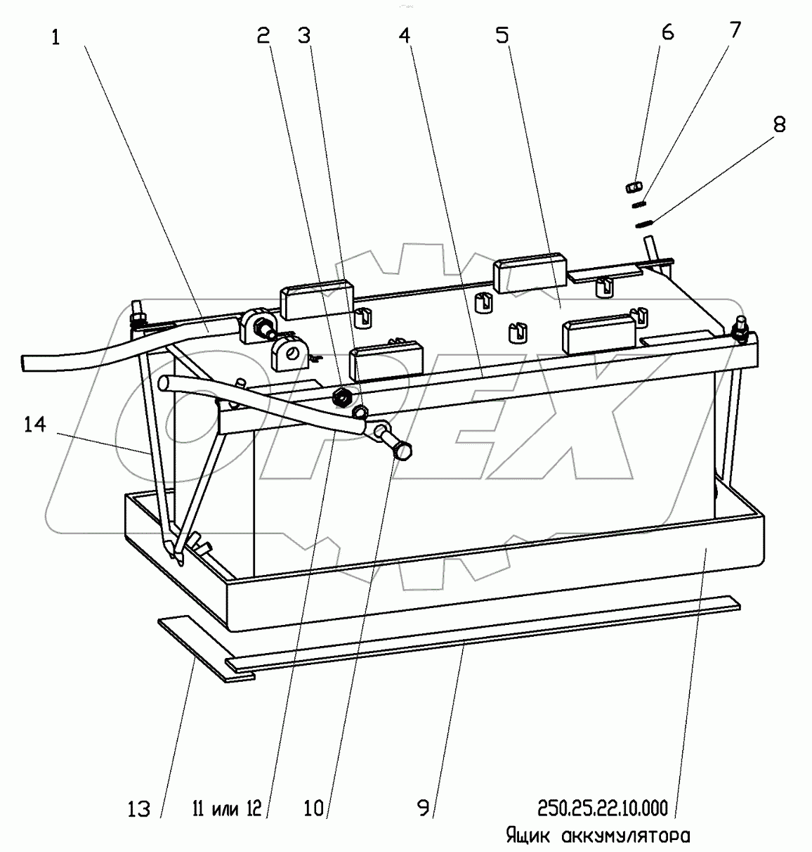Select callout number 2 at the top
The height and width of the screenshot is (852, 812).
tap(263, 35)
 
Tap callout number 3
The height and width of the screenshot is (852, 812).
tap(304, 35)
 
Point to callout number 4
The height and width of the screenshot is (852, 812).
tap(405, 35)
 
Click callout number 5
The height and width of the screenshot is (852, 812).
tap(502, 35)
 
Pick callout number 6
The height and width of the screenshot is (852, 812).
tap(667, 32)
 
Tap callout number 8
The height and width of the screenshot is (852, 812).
tap(779, 124)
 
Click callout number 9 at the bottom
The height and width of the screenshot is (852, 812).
tap(423, 808)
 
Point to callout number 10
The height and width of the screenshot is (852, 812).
tap(313, 808)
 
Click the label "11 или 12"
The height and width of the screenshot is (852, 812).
tap(227, 808)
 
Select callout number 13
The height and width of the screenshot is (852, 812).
tap(139, 809)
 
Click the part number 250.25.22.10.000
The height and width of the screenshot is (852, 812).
tap(603, 808)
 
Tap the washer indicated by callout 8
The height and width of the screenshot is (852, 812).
tap(645, 224)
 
